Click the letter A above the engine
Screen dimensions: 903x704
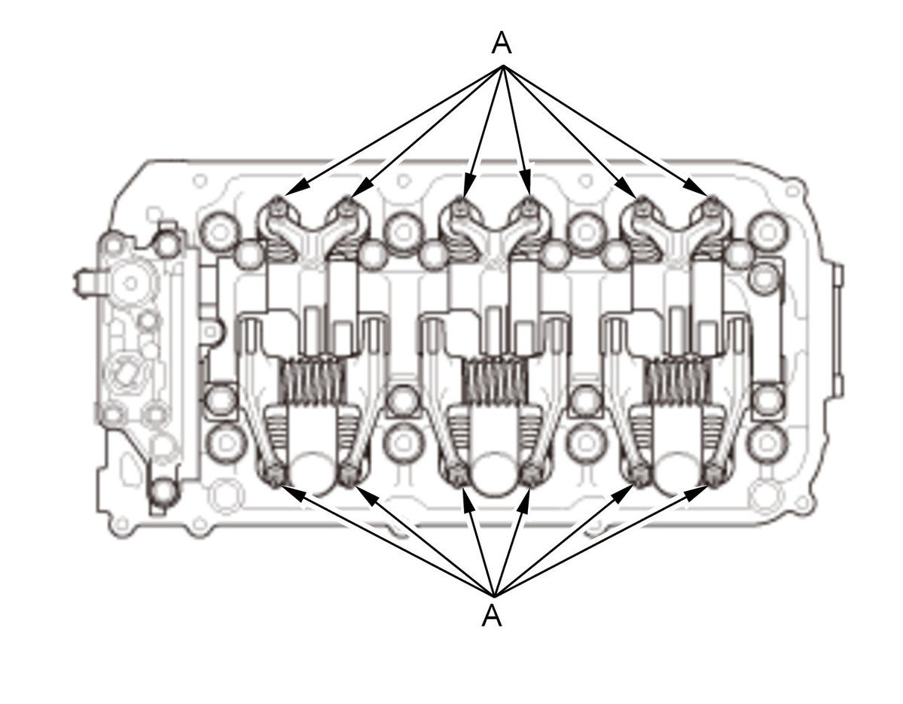(x=502, y=43)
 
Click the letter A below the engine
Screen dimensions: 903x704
(x=491, y=615)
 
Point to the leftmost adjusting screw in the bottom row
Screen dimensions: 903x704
(x=273, y=473)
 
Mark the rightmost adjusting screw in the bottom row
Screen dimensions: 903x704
(x=714, y=473)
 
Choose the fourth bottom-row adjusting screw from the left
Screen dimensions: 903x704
(x=530, y=473)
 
